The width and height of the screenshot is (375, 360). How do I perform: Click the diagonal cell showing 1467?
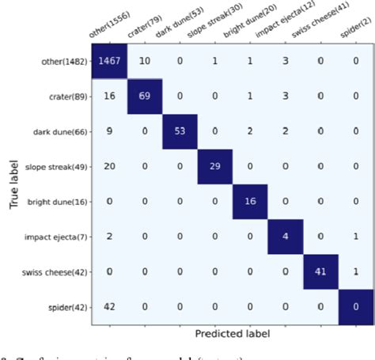(x=108, y=62)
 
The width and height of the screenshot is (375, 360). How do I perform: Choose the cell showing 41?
(x=323, y=271)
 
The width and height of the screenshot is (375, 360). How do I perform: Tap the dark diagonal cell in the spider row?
(x=358, y=306)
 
